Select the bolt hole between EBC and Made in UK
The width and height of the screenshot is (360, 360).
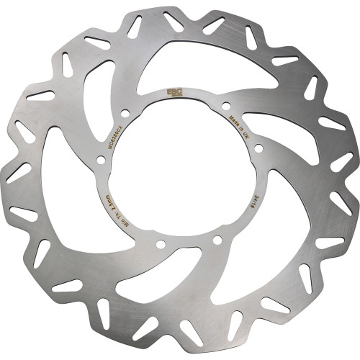click(x=225, y=106)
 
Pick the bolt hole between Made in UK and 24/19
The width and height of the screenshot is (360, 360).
click(x=258, y=149)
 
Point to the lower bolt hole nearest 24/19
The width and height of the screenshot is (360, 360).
click(x=217, y=239)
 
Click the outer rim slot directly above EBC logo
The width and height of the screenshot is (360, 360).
click(x=174, y=22)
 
